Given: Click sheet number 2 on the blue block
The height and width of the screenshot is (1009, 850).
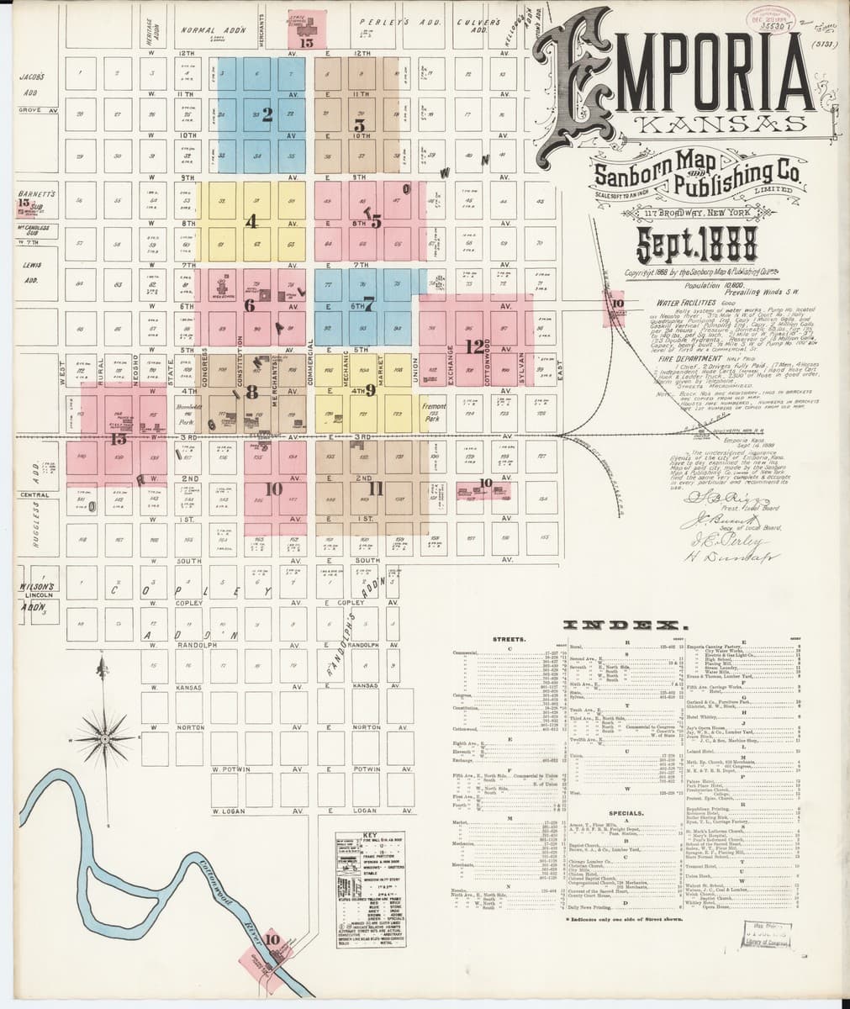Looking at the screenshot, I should [x=267, y=115].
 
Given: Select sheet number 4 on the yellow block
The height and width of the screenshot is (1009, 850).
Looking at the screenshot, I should [x=251, y=222].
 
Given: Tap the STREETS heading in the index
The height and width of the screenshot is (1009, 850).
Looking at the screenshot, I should [x=510, y=639].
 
